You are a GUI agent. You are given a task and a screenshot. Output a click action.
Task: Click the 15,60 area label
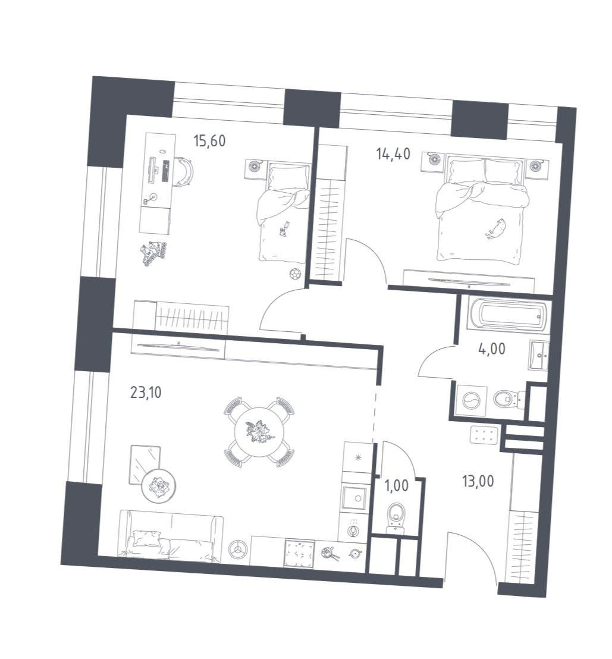[x=209, y=141]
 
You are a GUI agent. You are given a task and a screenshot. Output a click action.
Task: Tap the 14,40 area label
[x=394, y=154]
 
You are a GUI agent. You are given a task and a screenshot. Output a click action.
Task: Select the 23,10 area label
[x=146, y=393]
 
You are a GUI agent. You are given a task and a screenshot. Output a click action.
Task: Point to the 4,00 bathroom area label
[x=492, y=349]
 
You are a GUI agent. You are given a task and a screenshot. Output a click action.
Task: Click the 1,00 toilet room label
[x=396, y=486]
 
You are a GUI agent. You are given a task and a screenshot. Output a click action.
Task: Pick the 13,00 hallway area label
[x=478, y=481]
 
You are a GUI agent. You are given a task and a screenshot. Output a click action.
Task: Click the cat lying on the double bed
[x=496, y=228]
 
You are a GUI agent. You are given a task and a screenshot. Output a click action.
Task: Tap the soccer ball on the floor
[x=296, y=274]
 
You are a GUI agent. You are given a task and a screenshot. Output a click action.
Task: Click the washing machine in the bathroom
[x=471, y=400]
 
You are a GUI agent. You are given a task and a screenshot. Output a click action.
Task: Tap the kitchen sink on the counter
[x=354, y=498]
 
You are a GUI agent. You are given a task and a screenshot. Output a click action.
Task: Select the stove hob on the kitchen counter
[x=300, y=554]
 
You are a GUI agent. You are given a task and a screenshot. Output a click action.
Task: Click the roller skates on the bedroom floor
[x=153, y=253]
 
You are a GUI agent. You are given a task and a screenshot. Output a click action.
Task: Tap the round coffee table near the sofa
[x=158, y=485]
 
